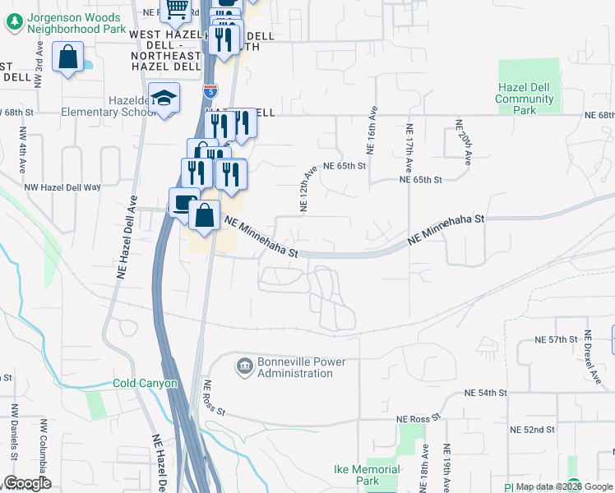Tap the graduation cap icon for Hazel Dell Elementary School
click(x=164, y=99)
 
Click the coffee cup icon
click(x=183, y=203)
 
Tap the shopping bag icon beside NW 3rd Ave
click(x=67, y=58)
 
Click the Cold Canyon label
click(x=145, y=384)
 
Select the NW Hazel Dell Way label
click(x=62, y=187)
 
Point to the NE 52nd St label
click(x=533, y=430)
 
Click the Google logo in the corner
click(x=27, y=483)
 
